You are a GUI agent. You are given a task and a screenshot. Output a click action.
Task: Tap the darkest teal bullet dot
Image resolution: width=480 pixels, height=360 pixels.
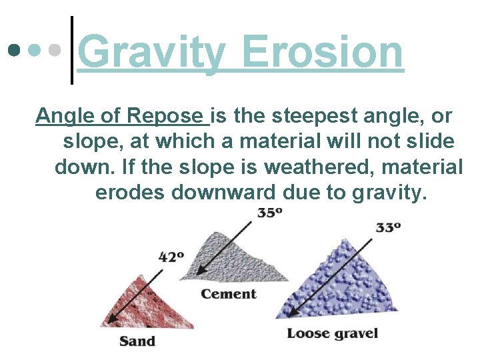coord(13,50)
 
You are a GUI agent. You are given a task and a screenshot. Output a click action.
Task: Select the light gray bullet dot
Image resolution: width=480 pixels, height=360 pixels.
coord(56,50)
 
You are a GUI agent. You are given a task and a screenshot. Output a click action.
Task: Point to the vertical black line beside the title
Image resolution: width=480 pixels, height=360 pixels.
coord(71,50)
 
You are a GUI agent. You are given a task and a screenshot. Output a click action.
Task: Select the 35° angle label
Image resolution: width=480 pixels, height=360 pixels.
coord(270,213)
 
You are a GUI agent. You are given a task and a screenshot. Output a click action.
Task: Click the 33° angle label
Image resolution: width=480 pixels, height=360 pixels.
coord(388,227)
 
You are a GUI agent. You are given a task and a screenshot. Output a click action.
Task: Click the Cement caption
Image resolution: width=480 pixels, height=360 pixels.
coord(229,294)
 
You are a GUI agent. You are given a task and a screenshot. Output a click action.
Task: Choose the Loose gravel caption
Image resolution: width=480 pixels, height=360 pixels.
coord(332,333)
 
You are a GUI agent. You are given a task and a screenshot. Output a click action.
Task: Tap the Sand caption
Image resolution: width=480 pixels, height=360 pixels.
coord(137,341)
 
